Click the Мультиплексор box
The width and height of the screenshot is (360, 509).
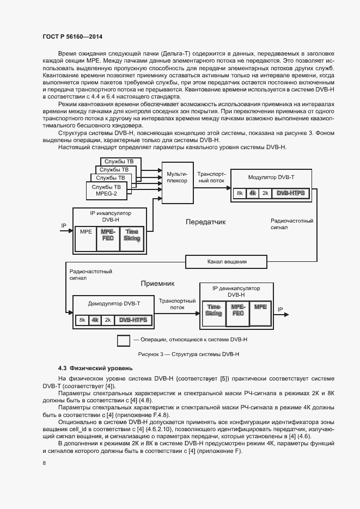[x=177, y=176]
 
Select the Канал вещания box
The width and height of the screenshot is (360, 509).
[x=227, y=262]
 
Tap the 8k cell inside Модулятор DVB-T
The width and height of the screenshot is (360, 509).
[x=239, y=193]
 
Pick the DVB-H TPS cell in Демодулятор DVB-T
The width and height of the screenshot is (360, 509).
[x=133, y=320]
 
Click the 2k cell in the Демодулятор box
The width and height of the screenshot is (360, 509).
[x=108, y=320]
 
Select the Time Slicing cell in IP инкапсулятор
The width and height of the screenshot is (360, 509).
[x=131, y=235]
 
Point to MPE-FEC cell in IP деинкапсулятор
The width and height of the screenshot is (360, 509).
[x=237, y=310]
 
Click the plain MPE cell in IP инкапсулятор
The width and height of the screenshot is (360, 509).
[x=86, y=232]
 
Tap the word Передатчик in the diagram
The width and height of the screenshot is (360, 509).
[x=205, y=222]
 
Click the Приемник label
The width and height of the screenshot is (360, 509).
[x=157, y=284]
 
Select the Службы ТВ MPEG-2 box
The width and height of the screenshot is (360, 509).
[x=106, y=190]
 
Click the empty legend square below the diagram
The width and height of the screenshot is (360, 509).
[x=124, y=341]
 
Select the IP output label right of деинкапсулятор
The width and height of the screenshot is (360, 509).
[x=280, y=310]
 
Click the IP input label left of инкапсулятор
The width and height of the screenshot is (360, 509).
[x=63, y=225]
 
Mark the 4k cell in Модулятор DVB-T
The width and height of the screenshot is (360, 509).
[x=252, y=193]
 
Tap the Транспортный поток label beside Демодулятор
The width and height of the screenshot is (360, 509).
[x=177, y=304]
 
